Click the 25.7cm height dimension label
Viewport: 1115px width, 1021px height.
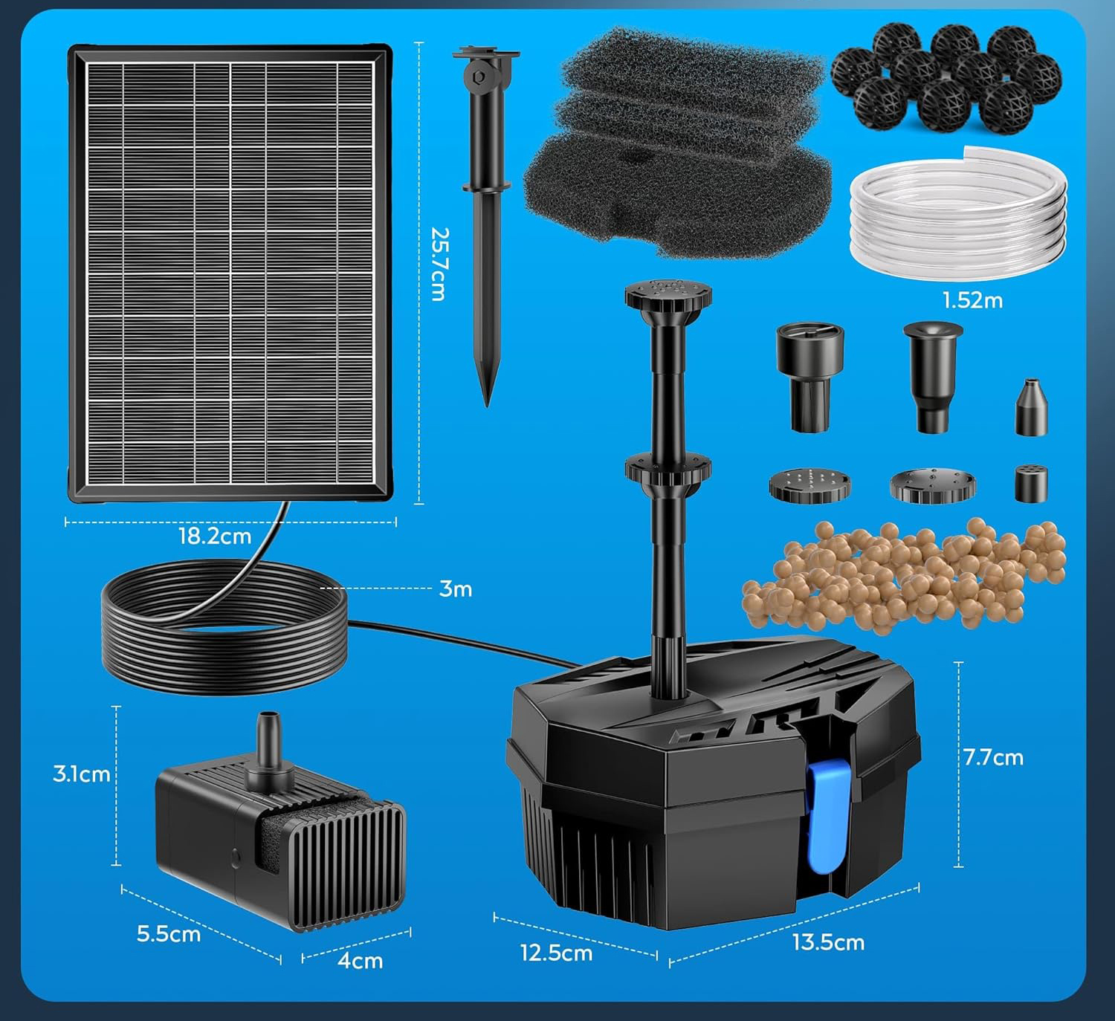pos(439,265)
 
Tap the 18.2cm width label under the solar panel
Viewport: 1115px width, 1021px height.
pos(215,537)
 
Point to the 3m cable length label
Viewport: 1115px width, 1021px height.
pos(455,589)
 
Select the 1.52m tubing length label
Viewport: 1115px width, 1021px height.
pos(973,301)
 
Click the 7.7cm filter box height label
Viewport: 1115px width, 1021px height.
pos(993,758)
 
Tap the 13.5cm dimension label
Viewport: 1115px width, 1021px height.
pos(828,943)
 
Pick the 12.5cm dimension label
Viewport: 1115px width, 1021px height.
pos(557,953)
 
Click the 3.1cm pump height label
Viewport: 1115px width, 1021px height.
pos(81,774)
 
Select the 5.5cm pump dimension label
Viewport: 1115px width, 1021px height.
pos(169,934)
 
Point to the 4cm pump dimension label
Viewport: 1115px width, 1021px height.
pos(361,961)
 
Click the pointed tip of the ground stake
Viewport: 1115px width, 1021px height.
pos(487,405)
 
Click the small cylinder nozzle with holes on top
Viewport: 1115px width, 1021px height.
pos(1031,483)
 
